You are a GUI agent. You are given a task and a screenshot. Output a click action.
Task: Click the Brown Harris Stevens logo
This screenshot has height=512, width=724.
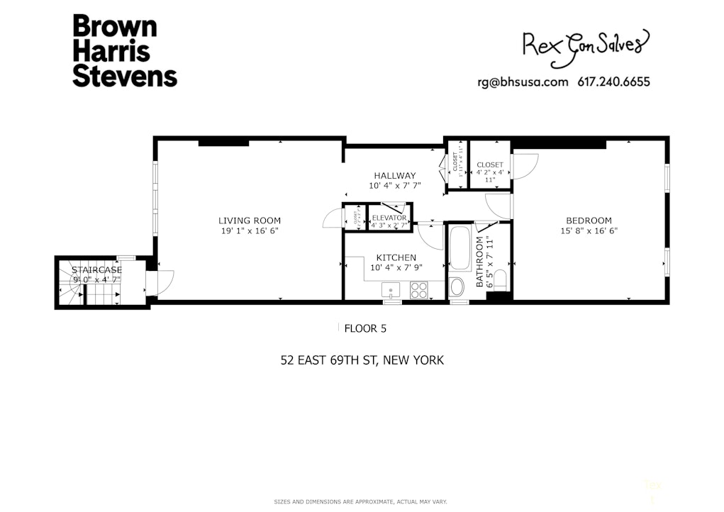(x=124, y=51)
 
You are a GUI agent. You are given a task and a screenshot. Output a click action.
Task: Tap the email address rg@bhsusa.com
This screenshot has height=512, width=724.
(x=523, y=82)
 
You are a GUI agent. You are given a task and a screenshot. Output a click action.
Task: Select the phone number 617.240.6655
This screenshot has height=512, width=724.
(x=614, y=82)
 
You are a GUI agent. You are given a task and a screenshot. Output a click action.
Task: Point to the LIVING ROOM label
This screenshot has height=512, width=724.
(x=250, y=221)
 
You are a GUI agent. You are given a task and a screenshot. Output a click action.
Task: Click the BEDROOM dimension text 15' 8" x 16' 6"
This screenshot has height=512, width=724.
(x=589, y=230)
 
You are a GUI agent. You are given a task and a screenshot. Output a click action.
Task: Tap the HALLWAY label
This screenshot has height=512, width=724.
(x=395, y=175)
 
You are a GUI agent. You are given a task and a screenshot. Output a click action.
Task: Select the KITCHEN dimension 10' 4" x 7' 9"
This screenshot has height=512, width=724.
(x=396, y=267)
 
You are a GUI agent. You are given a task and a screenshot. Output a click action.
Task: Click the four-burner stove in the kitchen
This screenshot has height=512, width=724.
(x=418, y=289)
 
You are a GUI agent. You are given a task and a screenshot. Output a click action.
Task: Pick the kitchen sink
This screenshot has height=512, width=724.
(x=391, y=289)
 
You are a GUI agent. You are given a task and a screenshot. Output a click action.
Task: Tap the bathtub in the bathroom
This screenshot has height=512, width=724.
(x=460, y=247)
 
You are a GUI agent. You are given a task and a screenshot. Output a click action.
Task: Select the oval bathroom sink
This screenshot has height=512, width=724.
(x=457, y=287)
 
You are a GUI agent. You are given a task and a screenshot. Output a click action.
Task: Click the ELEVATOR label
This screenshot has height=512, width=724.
(x=389, y=218)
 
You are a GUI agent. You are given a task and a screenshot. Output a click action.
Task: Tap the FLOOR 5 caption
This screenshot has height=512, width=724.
(x=364, y=328)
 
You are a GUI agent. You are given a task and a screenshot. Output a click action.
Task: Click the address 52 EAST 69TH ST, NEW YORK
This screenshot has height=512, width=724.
(x=362, y=360)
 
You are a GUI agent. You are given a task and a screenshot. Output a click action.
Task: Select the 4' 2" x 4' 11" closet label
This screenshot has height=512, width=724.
(x=490, y=172)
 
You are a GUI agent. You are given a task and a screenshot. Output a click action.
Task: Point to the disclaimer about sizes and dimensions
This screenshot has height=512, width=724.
(x=361, y=502)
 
